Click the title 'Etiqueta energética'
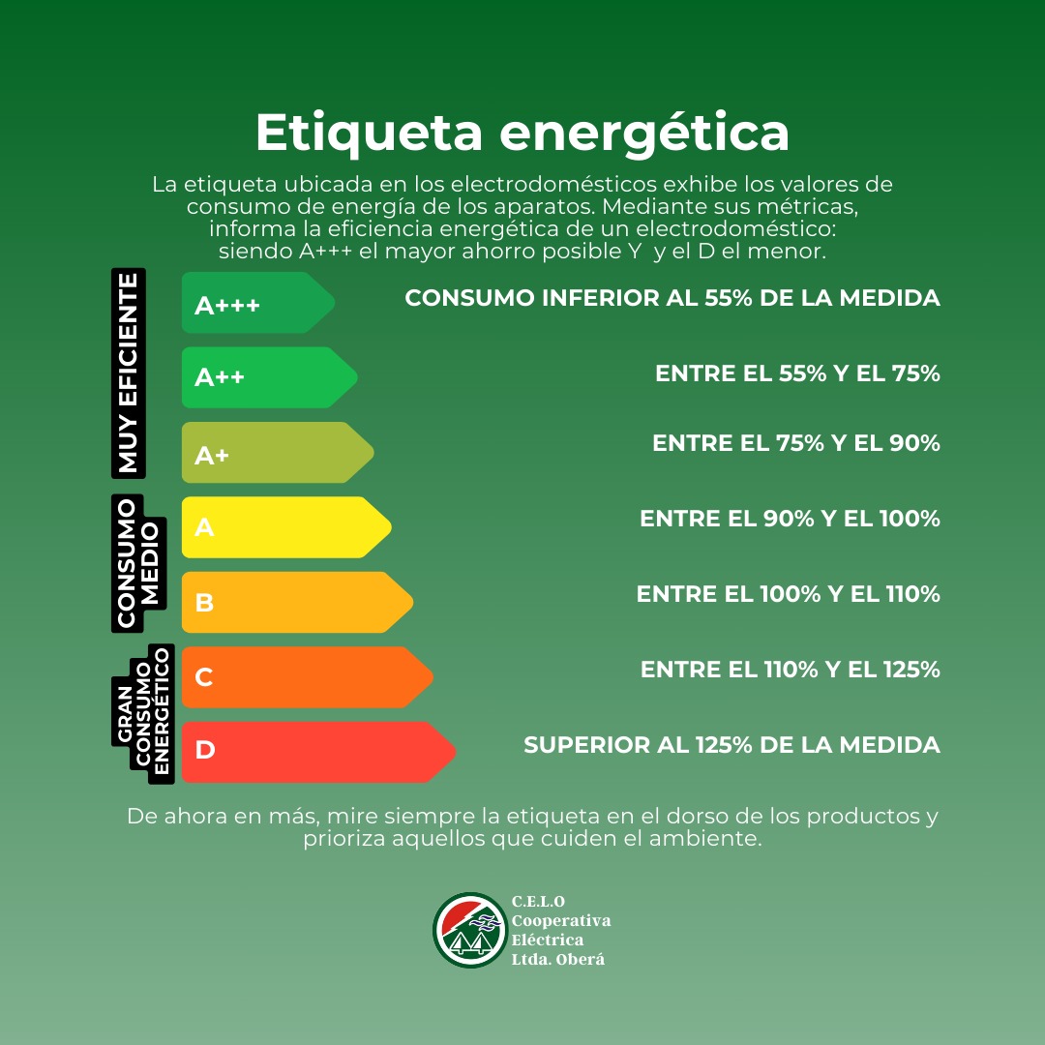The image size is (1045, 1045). point(522,134)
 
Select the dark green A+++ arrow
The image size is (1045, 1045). point(258,303)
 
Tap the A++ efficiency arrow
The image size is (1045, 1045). point(269,377)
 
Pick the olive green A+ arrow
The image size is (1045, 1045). point(278,453)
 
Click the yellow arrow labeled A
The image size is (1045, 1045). point(285,527)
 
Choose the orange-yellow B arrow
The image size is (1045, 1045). point(297,603)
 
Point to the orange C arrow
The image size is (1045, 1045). point(308,677)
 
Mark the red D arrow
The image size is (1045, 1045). point(318,753)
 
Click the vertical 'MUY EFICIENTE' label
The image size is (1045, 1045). point(129,373)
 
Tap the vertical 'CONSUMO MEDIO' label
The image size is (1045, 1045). point(138,563)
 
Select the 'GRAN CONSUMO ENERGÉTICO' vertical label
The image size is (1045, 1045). point(143,714)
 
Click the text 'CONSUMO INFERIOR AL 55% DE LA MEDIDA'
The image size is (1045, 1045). point(672,298)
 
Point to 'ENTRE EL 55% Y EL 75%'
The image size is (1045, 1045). point(797,373)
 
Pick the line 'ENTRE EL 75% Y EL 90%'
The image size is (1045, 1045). point(796,443)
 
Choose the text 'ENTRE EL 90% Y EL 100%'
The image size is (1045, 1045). point(790,519)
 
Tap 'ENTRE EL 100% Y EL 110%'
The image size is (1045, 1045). point(789,594)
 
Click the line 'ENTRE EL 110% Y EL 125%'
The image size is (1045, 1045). point(791,670)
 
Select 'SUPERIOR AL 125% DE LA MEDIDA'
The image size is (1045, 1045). point(731,744)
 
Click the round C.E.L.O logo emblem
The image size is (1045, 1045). point(470,931)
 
